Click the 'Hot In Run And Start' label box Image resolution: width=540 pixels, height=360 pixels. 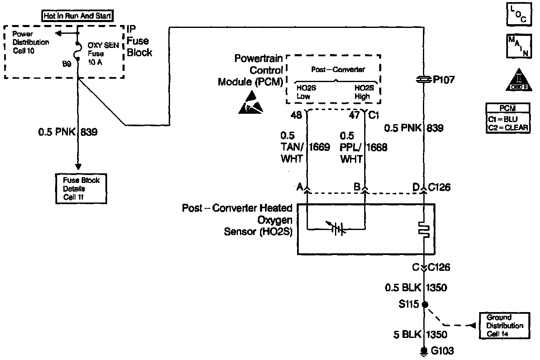pos(78,16)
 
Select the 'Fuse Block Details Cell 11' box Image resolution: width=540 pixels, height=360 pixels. pos(81,188)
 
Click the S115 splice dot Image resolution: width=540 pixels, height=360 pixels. pos(424,305)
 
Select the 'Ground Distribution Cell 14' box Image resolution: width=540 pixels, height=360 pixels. pos(505,325)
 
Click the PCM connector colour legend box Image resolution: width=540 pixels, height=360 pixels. pos(508,118)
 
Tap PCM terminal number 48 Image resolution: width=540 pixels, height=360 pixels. pos(296,115)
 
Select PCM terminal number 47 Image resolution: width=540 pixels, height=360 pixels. pos(354,115)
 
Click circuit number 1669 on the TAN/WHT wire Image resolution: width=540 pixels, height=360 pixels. pos(320,147)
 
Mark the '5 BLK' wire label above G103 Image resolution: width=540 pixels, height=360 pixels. pos(404,334)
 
